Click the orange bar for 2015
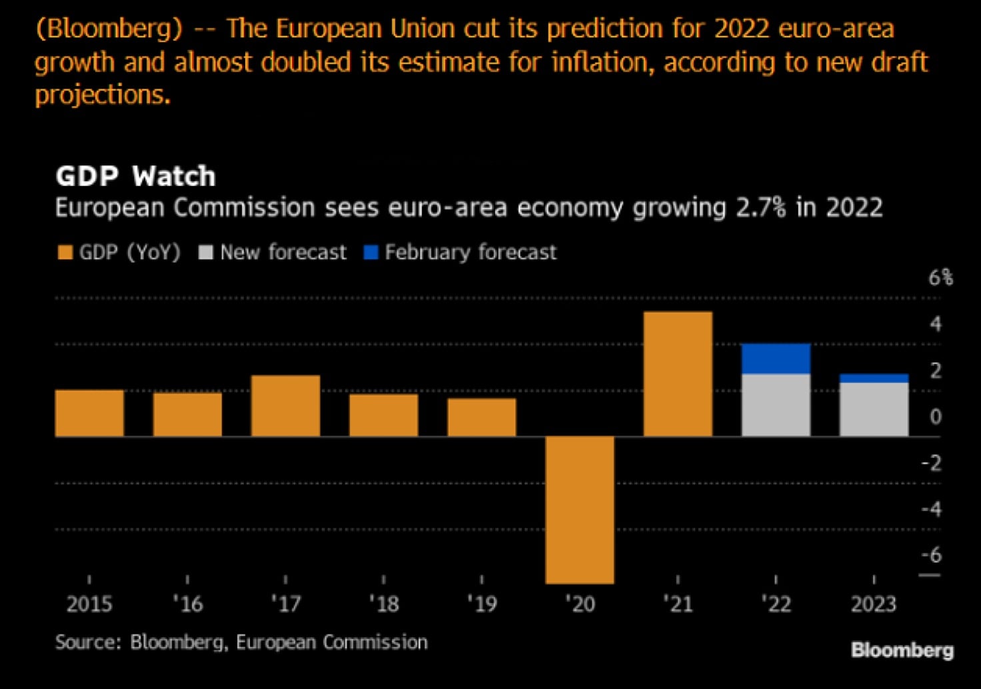(x=89, y=413)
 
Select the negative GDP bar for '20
(x=580, y=510)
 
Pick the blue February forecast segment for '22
(x=776, y=359)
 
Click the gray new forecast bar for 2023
(x=874, y=410)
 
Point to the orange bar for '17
(x=285, y=406)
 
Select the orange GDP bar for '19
(x=482, y=418)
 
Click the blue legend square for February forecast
(x=371, y=253)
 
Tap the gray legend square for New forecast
(x=206, y=253)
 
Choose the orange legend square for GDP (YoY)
(x=65, y=253)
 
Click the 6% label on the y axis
(x=940, y=277)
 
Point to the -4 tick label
(x=932, y=509)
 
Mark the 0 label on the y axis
(x=936, y=416)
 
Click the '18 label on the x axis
(x=384, y=604)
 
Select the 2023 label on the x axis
(x=874, y=604)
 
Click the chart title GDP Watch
(x=135, y=177)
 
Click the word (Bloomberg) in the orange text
(x=109, y=29)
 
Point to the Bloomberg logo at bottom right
(x=902, y=650)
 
